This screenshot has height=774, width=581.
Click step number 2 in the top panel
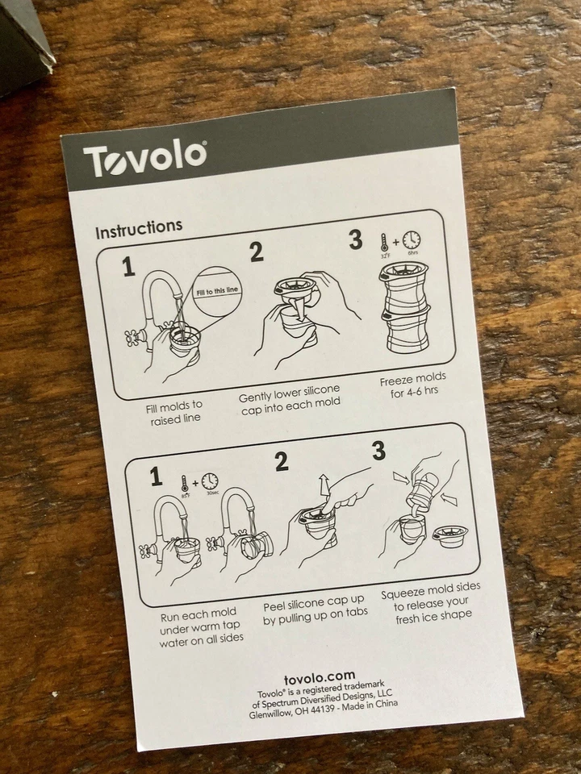pyautogui.click(x=257, y=252)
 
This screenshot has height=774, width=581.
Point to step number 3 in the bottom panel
pyautogui.click(x=378, y=451)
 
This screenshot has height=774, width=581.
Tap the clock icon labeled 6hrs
pyautogui.click(x=412, y=239)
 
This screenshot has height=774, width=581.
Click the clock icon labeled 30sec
pyautogui.click(x=210, y=481)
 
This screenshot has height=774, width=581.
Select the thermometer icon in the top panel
pyautogui.click(x=384, y=242)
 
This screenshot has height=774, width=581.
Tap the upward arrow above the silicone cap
pyautogui.click(x=324, y=486)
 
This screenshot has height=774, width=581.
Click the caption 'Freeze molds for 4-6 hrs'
pyautogui.click(x=413, y=385)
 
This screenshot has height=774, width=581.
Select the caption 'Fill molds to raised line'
pyautogui.click(x=175, y=412)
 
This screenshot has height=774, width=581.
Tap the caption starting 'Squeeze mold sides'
pyautogui.click(x=431, y=601)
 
